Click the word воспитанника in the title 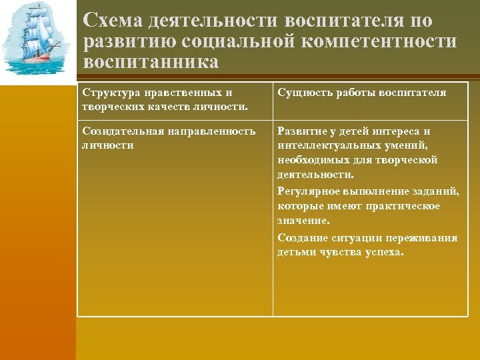coord(151,61)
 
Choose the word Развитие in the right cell coord(301,131)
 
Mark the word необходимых coord(311,161)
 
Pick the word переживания coord(425,238)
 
